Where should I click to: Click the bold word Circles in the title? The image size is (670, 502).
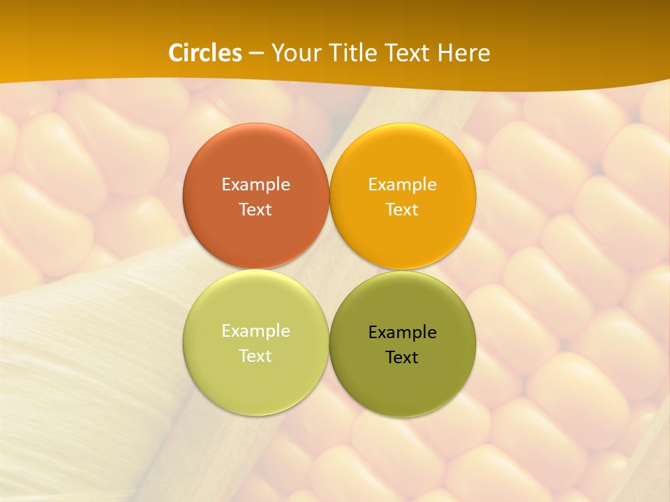point(205,53)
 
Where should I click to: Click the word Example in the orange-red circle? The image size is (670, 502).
point(255,185)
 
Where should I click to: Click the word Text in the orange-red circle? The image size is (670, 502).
point(255,209)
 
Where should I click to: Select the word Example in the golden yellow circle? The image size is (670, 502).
point(402,185)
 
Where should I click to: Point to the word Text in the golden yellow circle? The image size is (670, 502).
point(402,209)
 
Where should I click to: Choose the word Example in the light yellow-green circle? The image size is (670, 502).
point(255,331)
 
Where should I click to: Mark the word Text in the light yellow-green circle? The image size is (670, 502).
point(255,356)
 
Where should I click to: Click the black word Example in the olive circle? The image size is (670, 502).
point(402,333)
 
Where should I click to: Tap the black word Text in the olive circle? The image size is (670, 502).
point(402,358)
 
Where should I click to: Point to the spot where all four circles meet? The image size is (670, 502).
point(329,270)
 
